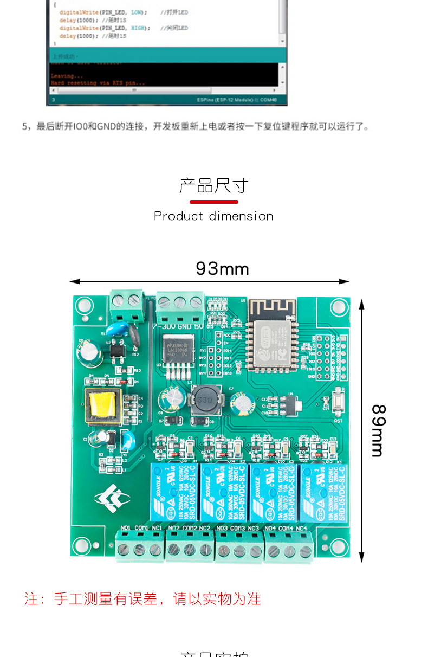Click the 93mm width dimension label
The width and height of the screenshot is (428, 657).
222,268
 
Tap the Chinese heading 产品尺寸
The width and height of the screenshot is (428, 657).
213,186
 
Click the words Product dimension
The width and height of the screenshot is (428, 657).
213,216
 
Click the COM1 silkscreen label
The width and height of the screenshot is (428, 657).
141,527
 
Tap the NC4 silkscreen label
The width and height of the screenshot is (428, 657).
301,527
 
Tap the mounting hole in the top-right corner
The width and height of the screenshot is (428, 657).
339,307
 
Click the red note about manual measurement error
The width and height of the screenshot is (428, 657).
142,598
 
